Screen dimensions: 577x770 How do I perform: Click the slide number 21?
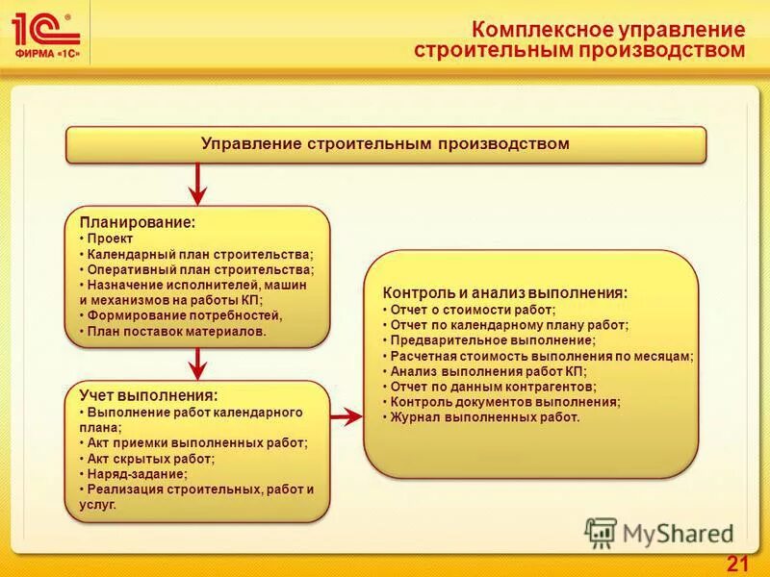coord(737,564)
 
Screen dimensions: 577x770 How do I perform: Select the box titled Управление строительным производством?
coord(385,144)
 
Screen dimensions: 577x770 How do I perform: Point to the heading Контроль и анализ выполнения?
coord(505,292)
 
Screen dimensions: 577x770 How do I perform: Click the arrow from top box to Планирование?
coord(197,183)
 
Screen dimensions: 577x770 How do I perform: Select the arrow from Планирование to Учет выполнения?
coord(197,363)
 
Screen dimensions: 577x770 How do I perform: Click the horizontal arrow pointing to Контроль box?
coord(346,416)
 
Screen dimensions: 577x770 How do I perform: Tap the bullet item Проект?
coord(110,238)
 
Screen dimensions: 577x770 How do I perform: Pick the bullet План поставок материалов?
coord(176,331)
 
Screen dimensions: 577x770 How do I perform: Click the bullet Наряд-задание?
coord(137,473)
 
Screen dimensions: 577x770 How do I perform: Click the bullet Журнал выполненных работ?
coord(485,417)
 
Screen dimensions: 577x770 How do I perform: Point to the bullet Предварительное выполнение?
coord(493,340)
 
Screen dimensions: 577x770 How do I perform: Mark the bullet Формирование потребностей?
coord(184,315)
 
